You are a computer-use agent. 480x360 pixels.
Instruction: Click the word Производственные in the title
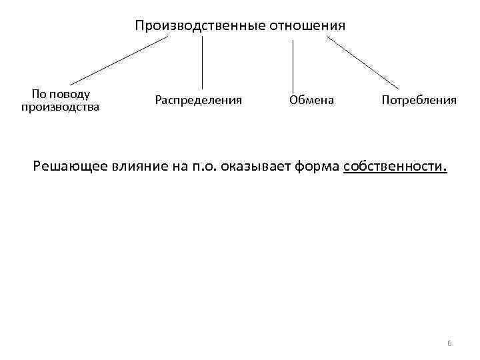pos(199,26)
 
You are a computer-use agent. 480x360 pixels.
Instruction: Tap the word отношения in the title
pos(307,26)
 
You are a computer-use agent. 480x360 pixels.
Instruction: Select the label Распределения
pos(198,101)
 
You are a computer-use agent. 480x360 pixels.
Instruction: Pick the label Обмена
pos(312,101)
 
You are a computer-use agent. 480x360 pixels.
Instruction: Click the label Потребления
pos(419,101)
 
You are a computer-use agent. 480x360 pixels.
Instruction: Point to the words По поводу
pos(61,95)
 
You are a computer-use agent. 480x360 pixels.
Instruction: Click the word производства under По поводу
pos(61,106)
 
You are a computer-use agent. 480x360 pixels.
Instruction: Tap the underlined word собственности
pos(395,166)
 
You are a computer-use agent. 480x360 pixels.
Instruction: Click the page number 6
pos(449,343)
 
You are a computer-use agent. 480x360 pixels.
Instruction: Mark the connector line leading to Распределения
pos(202,63)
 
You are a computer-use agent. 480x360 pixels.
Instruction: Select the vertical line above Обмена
pos(293,64)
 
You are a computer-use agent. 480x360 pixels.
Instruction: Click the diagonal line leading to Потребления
pos(363,63)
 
